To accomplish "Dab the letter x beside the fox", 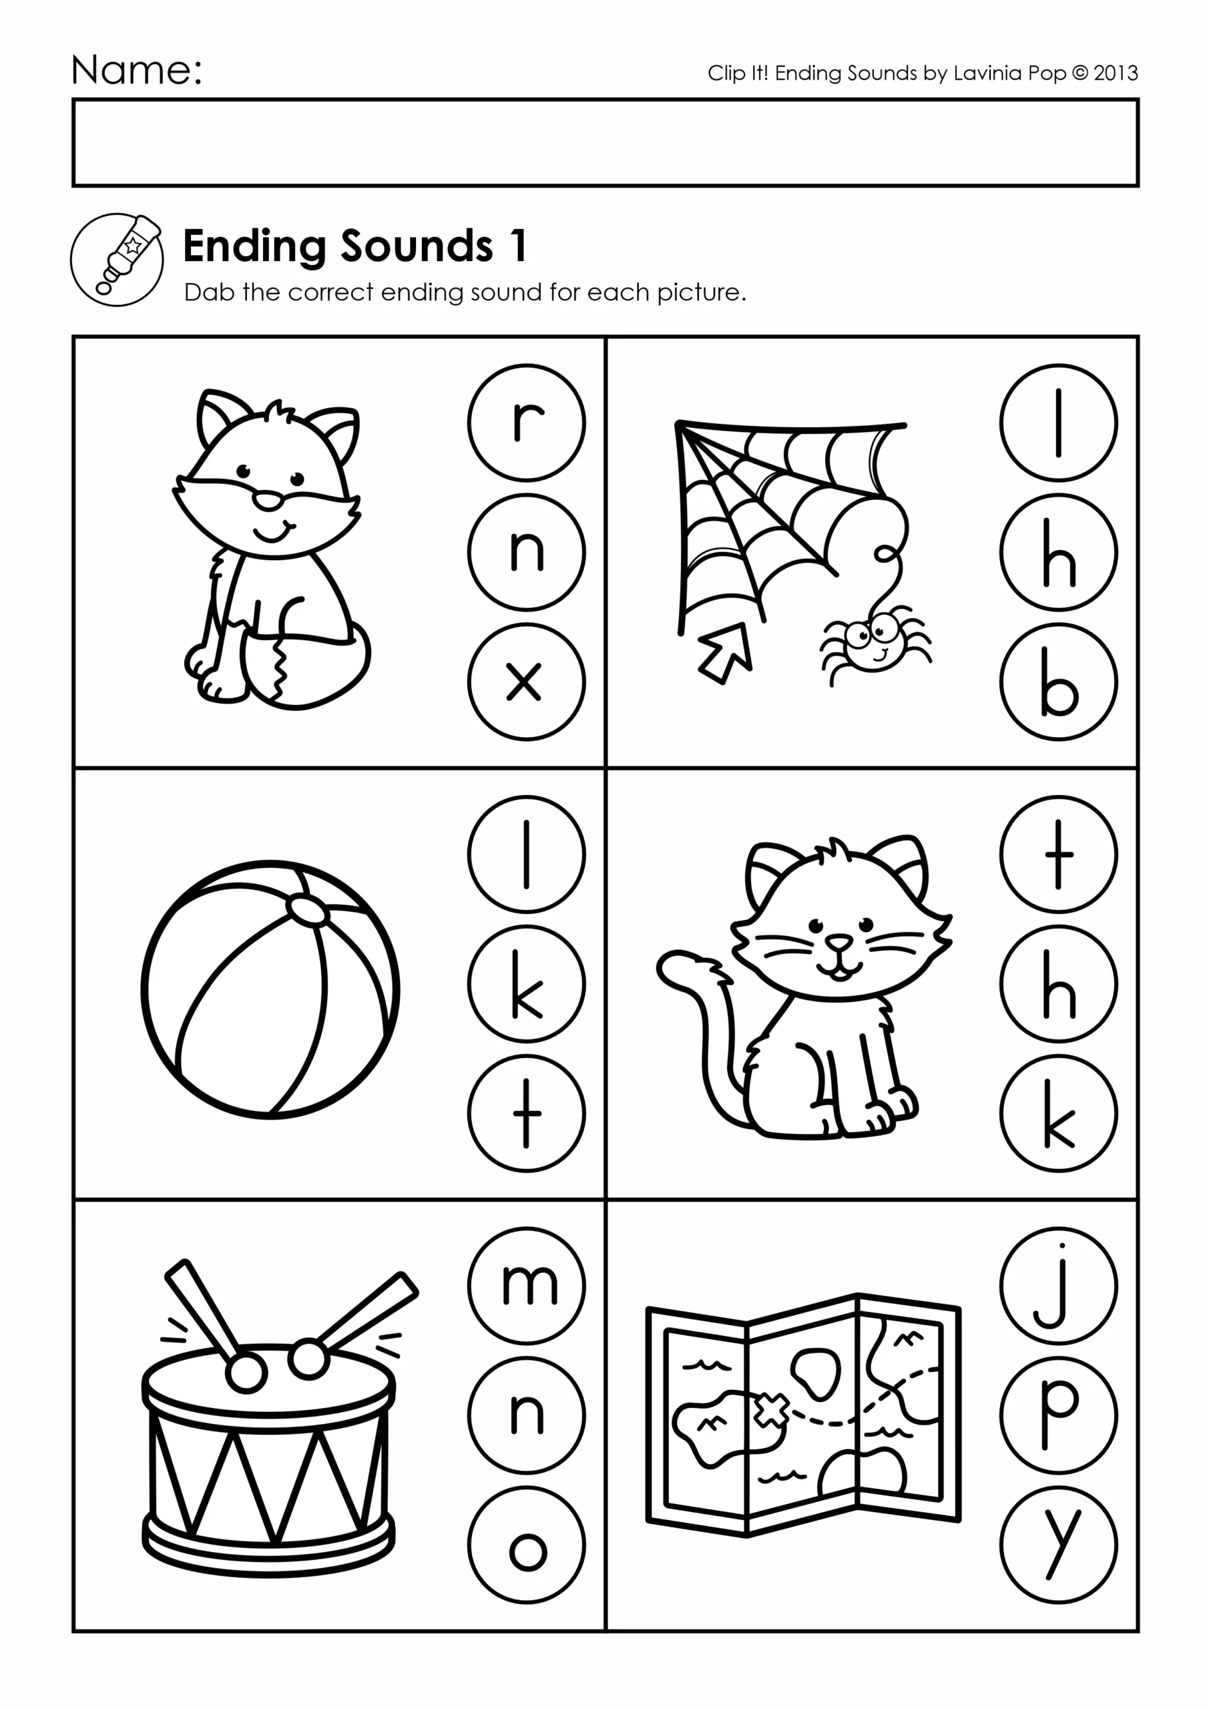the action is point(526,682).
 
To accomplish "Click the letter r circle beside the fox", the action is point(526,423).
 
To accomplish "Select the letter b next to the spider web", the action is point(1059,682).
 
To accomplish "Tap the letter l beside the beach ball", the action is point(526,854).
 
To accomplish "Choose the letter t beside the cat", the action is point(1059,854).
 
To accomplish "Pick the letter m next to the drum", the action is point(526,1286).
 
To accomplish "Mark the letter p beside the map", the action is point(1059,1416).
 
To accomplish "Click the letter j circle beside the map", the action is point(1059,1286).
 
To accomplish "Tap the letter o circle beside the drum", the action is point(526,1545).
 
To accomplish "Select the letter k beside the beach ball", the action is point(526,984).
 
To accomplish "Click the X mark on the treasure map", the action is point(771,1411).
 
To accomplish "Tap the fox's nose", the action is point(266,500).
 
